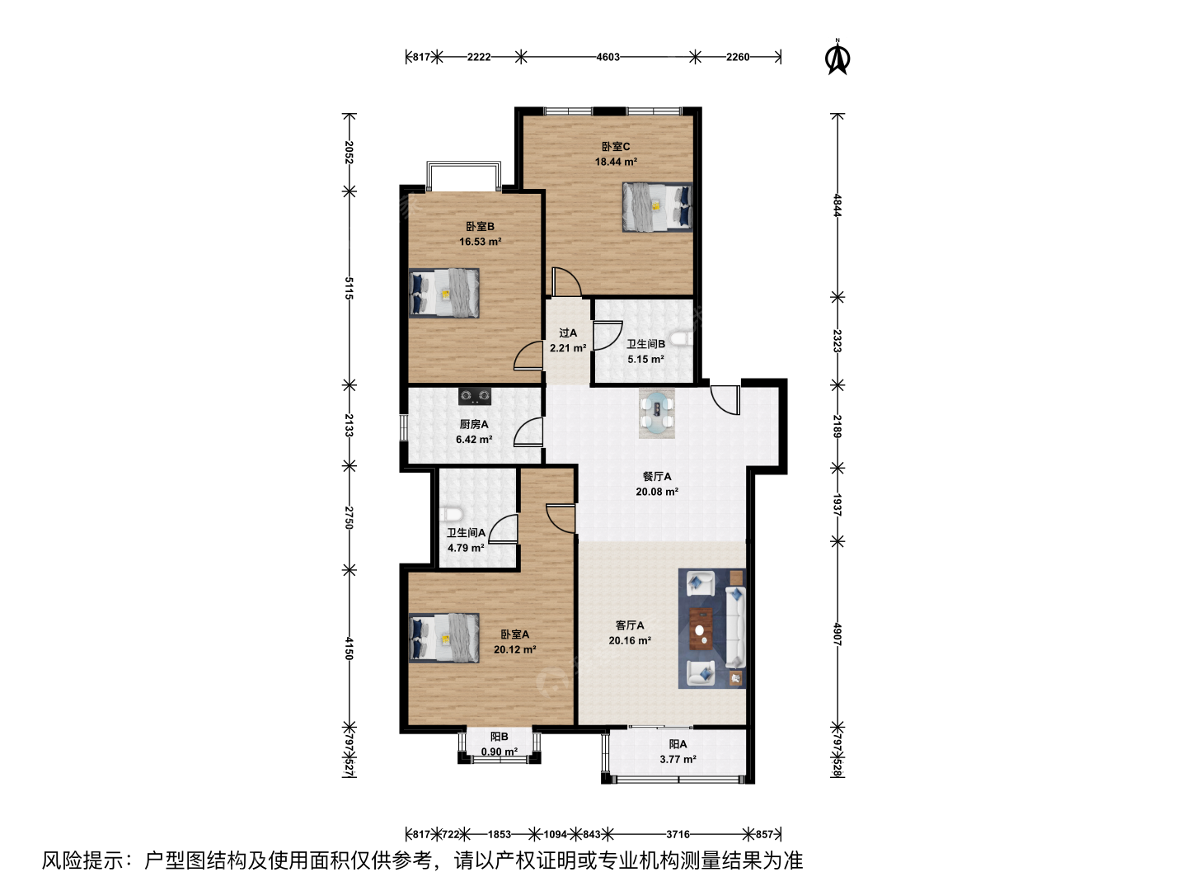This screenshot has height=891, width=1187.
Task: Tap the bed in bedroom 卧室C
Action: pos(657,207)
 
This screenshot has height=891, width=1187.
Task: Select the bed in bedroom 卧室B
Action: pos(444,293)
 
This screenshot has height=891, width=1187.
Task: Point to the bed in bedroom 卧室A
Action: pos(444,637)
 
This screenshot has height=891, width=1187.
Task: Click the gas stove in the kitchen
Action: pos(475,397)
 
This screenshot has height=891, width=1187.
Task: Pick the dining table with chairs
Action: pos(656,412)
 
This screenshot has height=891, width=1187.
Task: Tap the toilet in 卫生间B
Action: pos(682,340)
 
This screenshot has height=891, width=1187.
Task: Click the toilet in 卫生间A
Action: pos(450,514)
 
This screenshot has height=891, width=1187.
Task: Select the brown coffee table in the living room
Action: pos(701,628)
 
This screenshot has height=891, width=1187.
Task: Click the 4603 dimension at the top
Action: pos(608,57)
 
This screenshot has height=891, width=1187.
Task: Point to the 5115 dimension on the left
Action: pos(349,289)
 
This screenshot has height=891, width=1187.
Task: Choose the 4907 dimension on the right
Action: pos(837,634)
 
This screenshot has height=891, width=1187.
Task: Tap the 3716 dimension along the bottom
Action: pos(678,834)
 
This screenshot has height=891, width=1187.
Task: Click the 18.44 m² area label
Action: pos(616,161)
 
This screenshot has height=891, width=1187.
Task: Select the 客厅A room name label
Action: pos(630,625)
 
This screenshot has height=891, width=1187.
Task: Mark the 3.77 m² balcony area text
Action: pos(678,759)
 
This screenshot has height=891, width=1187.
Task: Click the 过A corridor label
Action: pos(568,332)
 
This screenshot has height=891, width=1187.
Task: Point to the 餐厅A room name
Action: pos(657,477)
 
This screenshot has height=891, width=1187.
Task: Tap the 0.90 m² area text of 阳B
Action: pos(500,752)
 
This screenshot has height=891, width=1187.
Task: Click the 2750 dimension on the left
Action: pos(349,518)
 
